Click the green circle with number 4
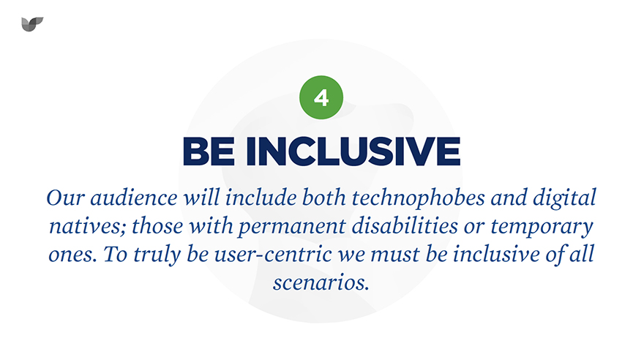pos(321,97)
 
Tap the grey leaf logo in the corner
pos(32,24)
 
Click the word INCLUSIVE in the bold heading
pos(353,151)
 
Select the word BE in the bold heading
pos(209,151)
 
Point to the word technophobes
pos(418,198)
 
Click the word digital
pos(564,198)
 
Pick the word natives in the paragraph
pos(87,227)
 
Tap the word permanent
pos(291,227)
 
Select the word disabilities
pos(405,225)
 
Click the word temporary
pos(542,227)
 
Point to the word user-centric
pos(273,255)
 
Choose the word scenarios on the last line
pos(321,282)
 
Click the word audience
pos(134,198)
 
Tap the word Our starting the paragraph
pos(65,198)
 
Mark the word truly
pos(157,255)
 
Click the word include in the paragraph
pos(261,198)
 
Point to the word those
pos(157,226)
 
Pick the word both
pos(324,198)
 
